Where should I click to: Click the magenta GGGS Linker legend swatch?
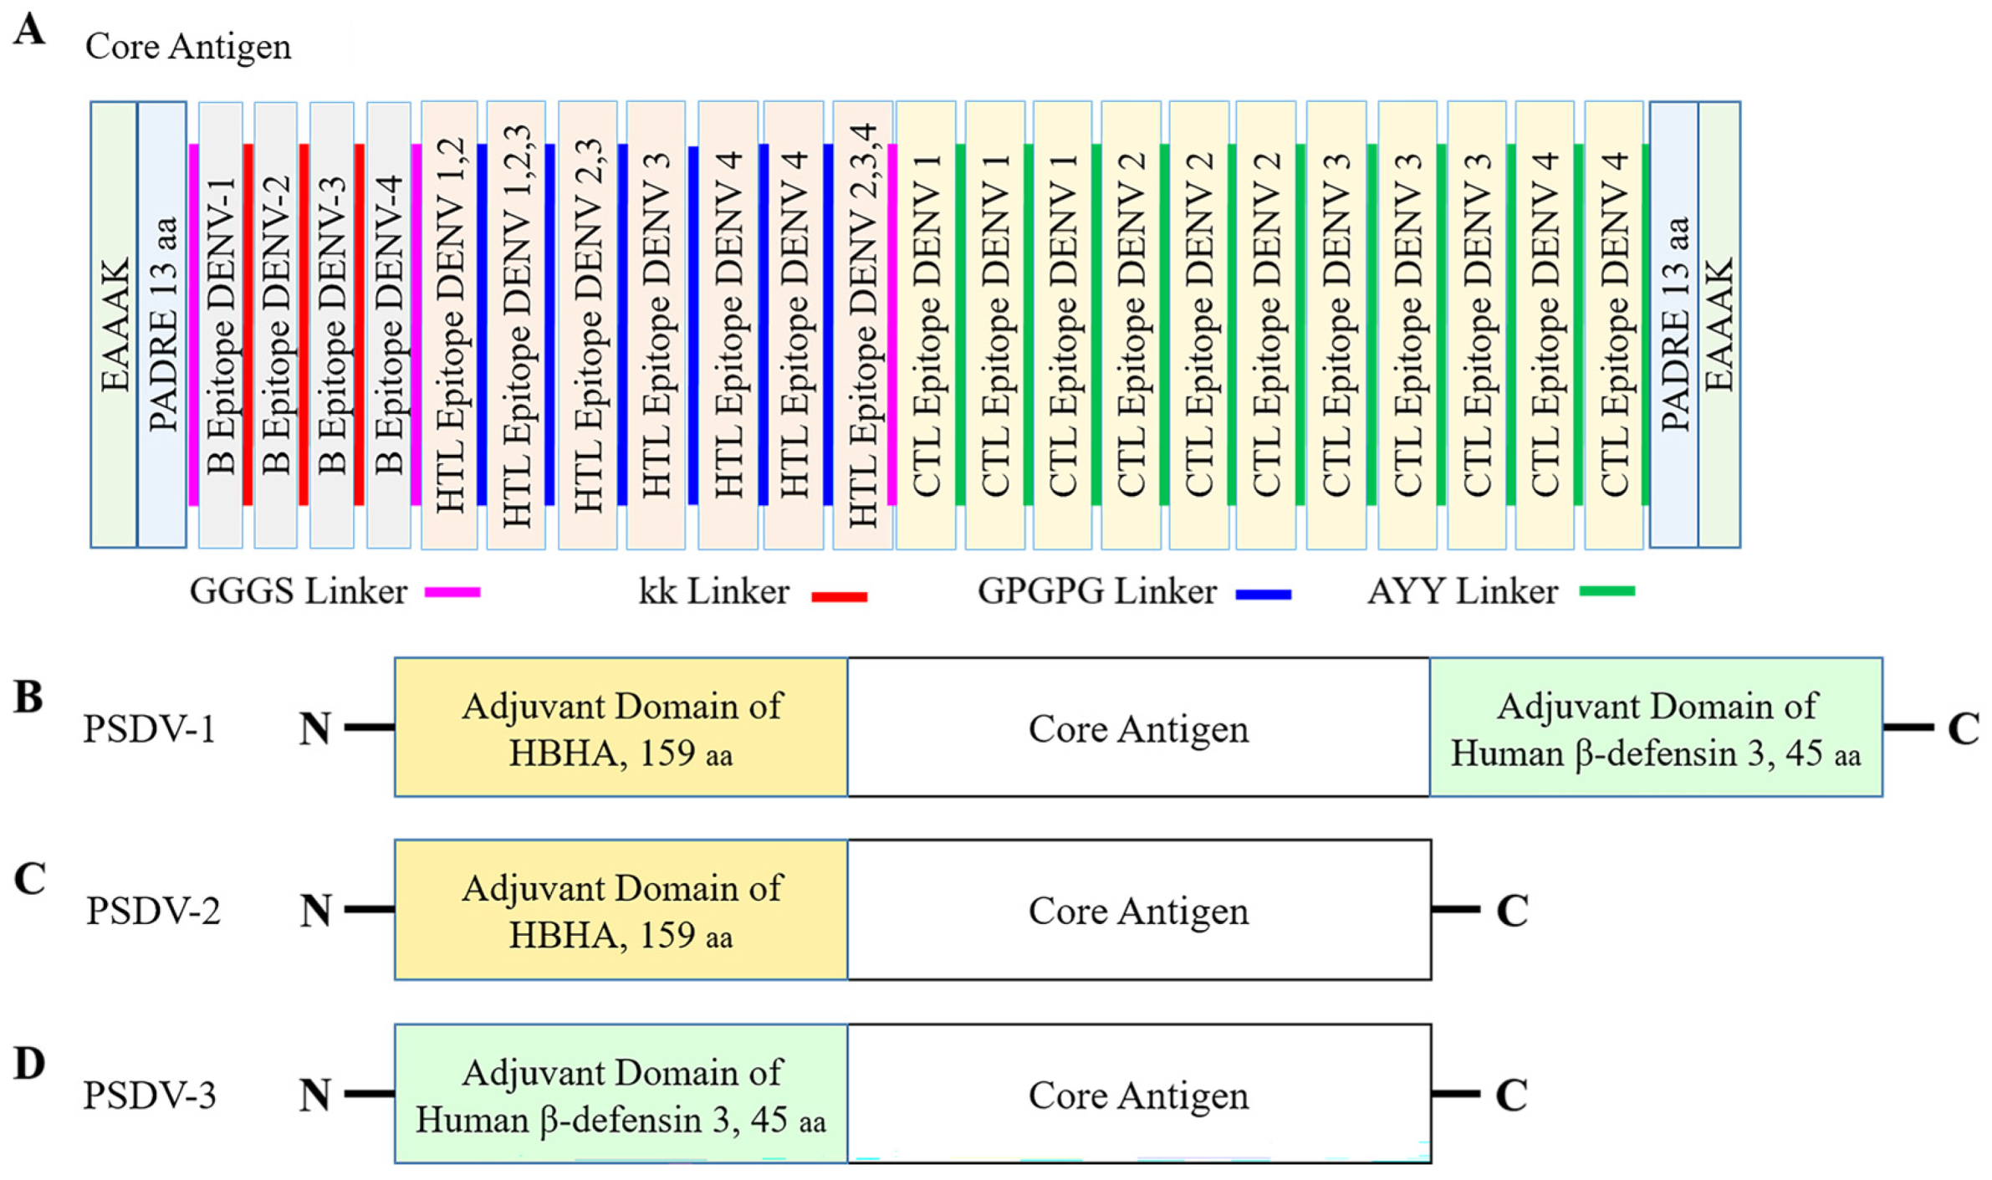click(452, 592)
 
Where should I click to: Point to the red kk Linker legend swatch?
click(839, 596)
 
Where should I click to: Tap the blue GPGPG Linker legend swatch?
click(1264, 595)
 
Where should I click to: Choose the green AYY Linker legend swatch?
click(1606, 591)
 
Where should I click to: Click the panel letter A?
click(29, 30)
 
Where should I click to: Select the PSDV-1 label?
click(150, 728)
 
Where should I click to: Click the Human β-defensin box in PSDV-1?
click(1655, 728)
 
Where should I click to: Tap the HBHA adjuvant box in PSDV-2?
click(621, 910)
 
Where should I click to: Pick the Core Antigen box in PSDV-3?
click(1138, 1094)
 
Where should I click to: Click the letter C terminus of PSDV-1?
click(1963, 728)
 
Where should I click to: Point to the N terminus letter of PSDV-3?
click(315, 1095)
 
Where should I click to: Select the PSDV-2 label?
click(153, 910)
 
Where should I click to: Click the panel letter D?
click(29, 1064)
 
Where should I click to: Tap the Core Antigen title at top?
click(188, 46)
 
